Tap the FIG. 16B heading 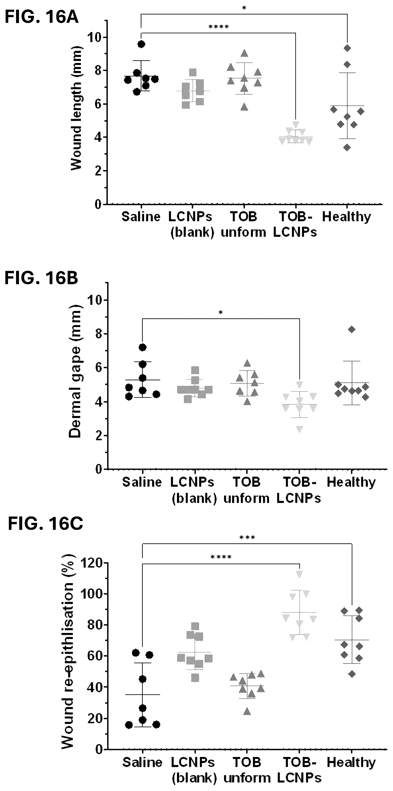pyautogui.click(x=41, y=278)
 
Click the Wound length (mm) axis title pyautogui.click(x=76, y=108)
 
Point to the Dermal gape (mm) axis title pyautogui.click(x=75, y=371)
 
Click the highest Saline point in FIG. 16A pyautogui.click(x=141, y=44)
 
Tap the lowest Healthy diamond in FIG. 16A pyautogui.click(x=347, y=148)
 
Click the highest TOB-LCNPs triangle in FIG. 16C pyautogui.click(x=299, y=573)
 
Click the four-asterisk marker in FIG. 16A pyautogui.click(x=219, y=27)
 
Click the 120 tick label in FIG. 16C pyautogui.click(x=91, y=563)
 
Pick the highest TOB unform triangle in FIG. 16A pyautogui.click(x=244, y=53)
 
